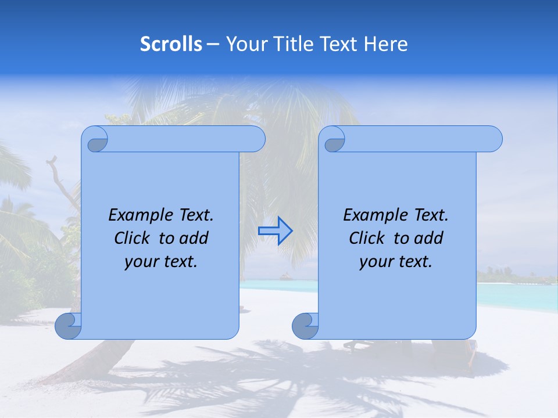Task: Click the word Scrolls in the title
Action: pyautogui.click(x=171, y=44)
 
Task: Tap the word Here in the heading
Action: pyautogui.click(x=385, y=44)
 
